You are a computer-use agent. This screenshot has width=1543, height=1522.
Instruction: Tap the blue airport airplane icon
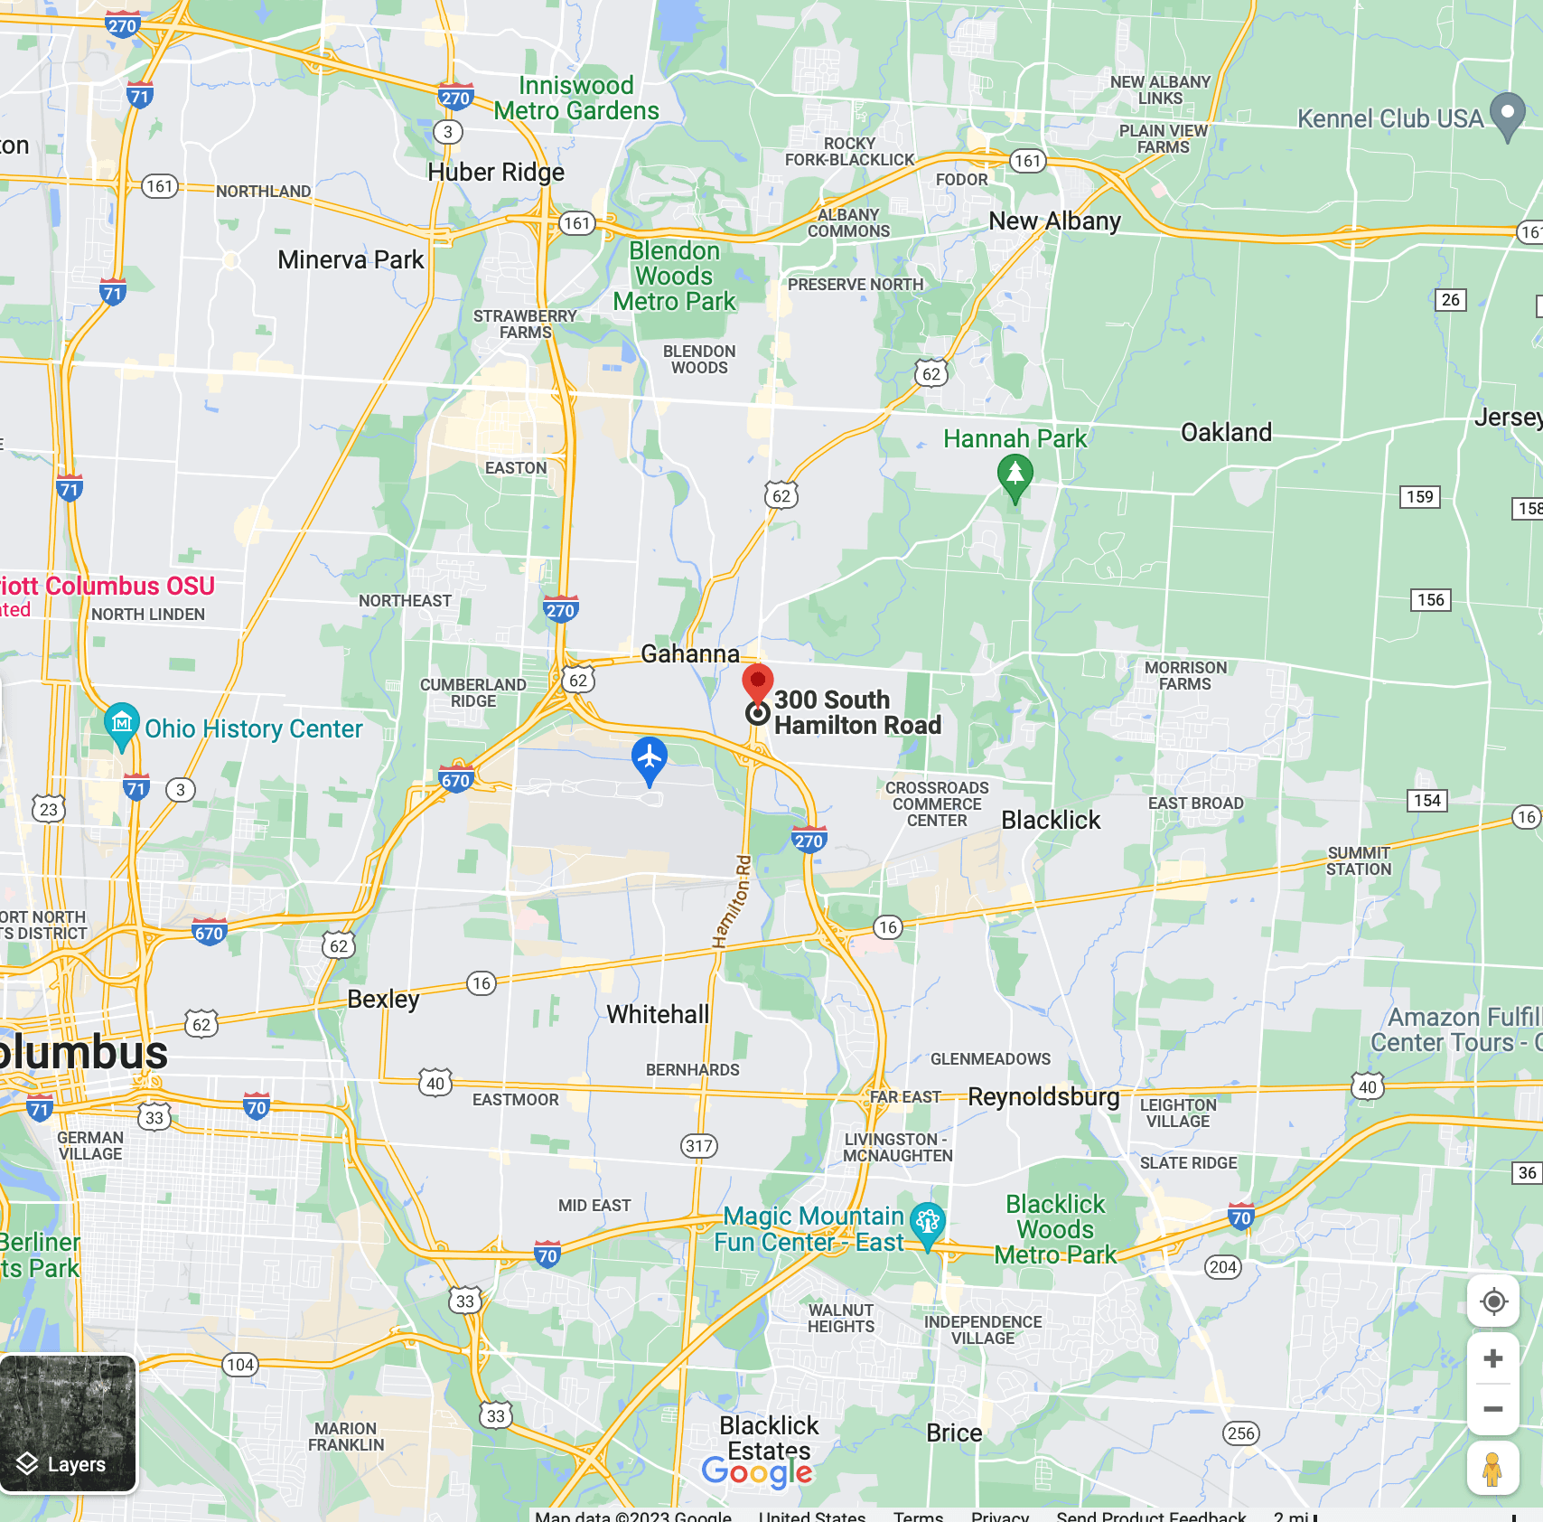point(650,758)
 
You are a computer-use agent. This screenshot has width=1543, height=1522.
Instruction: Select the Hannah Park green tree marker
point(1015,474)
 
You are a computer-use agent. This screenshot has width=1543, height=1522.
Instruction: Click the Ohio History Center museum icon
point(122,724)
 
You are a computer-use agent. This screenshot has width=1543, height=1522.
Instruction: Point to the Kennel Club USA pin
point(1507,115)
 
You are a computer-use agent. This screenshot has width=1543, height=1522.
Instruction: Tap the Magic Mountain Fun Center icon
point(928,1222)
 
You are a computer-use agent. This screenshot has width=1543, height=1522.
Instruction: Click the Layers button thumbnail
point(69,1423)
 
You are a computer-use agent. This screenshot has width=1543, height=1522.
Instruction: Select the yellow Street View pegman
point(1492,1469)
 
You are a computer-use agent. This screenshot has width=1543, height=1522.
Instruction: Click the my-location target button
point(1493,1302)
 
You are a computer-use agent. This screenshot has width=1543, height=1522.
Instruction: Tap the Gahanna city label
point(690,653)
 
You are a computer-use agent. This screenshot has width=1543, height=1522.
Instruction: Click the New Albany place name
point(1054,221)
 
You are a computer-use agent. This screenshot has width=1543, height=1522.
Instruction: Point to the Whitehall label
point(658,1014)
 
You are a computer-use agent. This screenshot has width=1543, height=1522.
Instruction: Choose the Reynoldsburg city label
point(1043,1096)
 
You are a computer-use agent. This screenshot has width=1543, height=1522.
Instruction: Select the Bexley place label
point(383,999)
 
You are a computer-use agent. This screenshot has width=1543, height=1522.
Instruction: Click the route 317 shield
point(699,1146)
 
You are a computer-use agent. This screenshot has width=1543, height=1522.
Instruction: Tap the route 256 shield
point(1240,1433)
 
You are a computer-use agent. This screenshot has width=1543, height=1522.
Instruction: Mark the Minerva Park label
point(351,260)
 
